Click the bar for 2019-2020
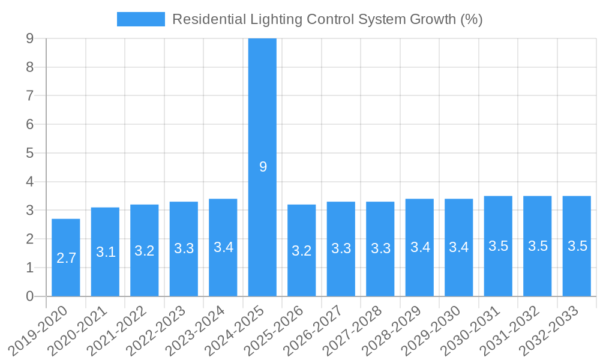coord(66,258)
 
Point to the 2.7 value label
coord(66,258)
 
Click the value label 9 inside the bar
coord(263,167)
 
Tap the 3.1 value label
coord(106,252)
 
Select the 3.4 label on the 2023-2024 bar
coord(223,247)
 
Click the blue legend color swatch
coord(140,19)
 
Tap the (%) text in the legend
coord(471,19)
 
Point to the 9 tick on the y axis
coord(29,38)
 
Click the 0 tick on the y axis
coord(29,296)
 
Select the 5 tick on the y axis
coord(29,153)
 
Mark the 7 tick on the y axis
coord(29,95)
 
